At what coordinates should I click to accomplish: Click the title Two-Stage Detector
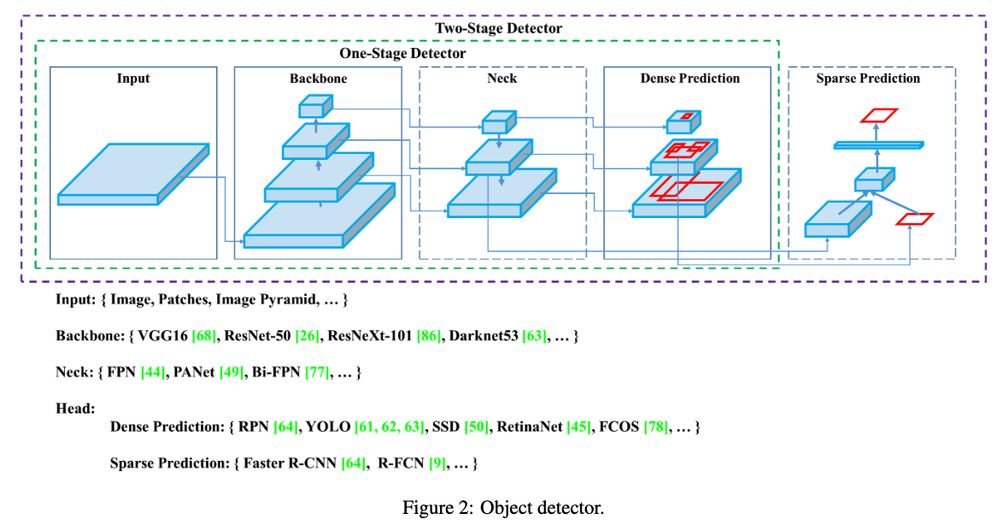(x=499, y=28)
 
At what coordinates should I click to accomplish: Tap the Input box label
(x=133, y=79)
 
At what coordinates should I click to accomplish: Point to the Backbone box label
(x=318, y=79)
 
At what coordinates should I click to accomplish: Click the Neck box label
(x=502, y=79)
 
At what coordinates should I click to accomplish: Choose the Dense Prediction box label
(x=689, y=79)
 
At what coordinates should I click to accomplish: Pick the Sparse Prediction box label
(x=868, y=79)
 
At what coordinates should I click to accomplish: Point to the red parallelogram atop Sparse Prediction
(x=878, y=115)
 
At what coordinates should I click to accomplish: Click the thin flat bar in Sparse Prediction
(x=877, y=145)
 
